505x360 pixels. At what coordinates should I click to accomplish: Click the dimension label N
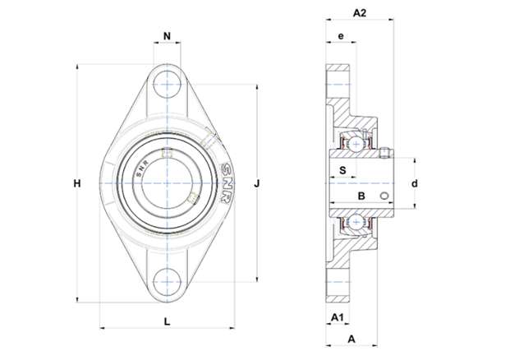(x=167, y=36)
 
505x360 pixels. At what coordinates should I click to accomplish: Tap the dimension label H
(x=77, y=184)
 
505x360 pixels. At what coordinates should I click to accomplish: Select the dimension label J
(x=257, y=184)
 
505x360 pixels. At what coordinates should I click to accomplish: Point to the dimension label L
(x=167, y=321)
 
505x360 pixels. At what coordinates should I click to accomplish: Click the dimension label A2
(x=360, y=13)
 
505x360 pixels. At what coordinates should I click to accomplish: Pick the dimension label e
(x=341, y=36)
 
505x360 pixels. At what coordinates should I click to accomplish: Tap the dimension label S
(x=343, y=170)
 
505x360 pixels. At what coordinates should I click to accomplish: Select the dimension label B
(x=361, y=196)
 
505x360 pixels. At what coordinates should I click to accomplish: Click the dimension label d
(x=415, y=184)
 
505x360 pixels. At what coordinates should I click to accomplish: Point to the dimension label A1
(x=337, y=317)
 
